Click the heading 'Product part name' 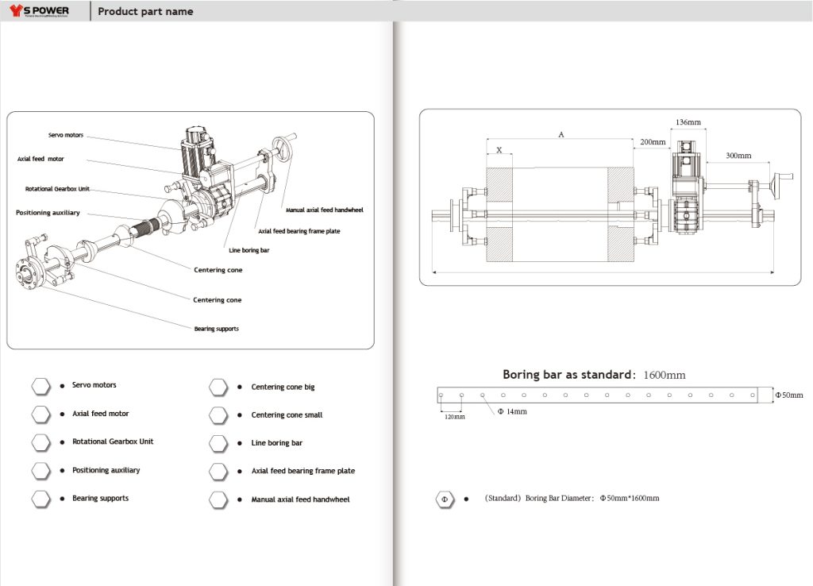coord(145,12)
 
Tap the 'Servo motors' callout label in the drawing coord(64,135)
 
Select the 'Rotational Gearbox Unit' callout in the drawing coord(56,189)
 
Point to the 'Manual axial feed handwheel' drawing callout coord(324,210)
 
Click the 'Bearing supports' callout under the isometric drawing coord(216,329)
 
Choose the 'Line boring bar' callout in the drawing coord(249,250)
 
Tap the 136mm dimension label coord(688,123)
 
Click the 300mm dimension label coord(738,156)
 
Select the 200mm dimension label coord(653,141)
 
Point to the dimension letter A coord(561,135)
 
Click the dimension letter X coord(499,149)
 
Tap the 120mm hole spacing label coord(454,416)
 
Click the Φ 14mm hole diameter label coord(511,411)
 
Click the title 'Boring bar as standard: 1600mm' coord(594,375)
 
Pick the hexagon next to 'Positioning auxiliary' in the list coord(41,470)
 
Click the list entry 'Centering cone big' coord(283,387)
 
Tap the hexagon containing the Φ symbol coord(445,499)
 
